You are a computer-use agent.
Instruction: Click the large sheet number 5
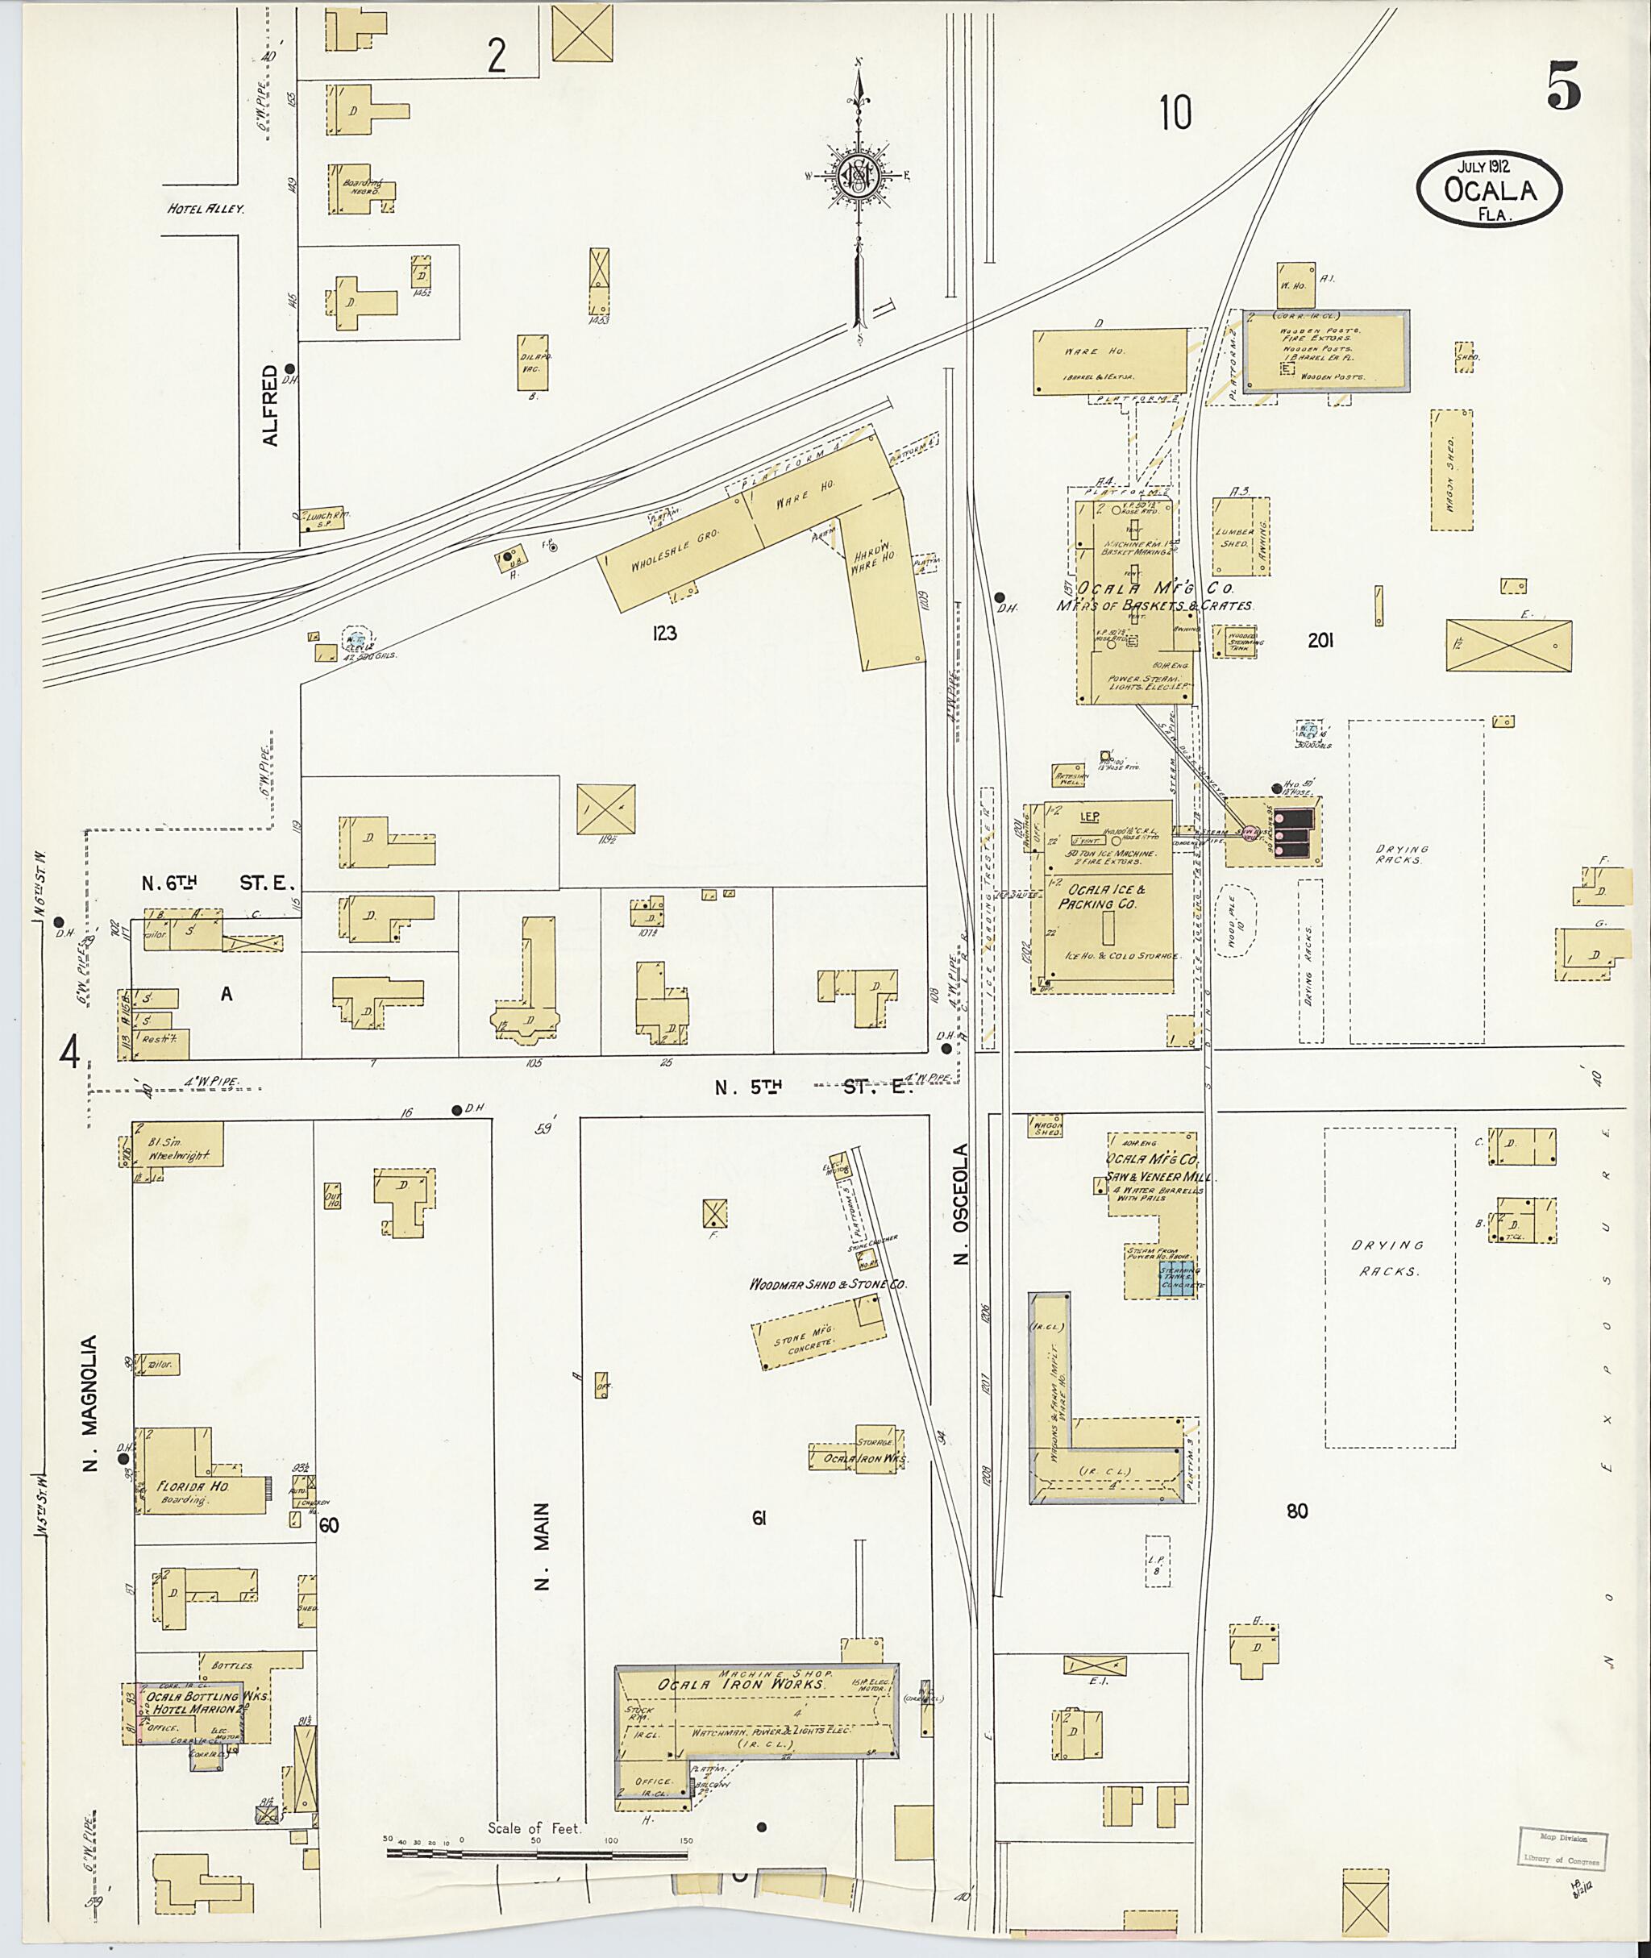1562,88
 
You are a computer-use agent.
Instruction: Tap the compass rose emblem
857,175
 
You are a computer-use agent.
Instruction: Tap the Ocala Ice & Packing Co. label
1100,896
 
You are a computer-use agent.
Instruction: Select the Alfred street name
271,405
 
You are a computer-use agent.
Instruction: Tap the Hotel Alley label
205,209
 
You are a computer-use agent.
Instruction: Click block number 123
663,634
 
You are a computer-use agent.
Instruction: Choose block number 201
1320,641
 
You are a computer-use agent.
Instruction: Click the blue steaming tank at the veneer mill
1179,1278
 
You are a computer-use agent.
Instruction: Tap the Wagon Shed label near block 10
1452,469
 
